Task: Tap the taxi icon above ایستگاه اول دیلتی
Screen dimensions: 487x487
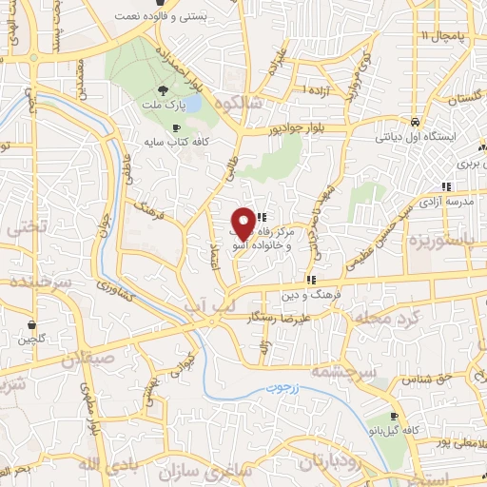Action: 415,123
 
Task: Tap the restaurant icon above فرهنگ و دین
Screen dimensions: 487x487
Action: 310,281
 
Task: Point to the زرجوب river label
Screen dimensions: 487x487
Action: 282,389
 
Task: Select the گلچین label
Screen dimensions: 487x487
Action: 33,340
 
